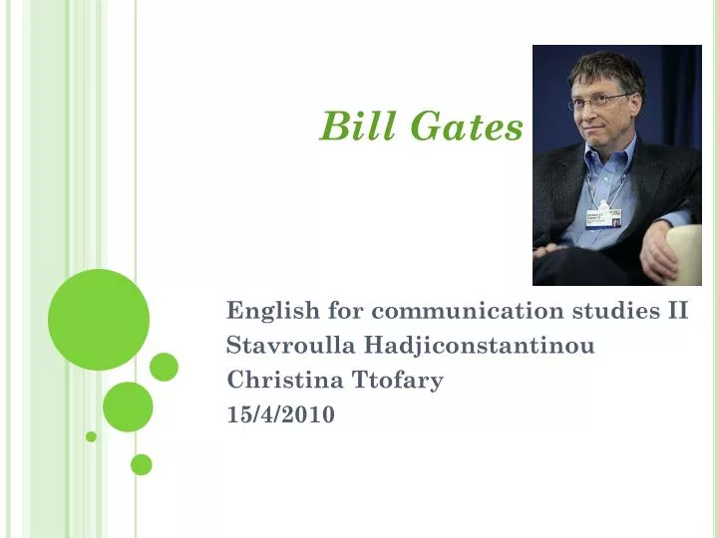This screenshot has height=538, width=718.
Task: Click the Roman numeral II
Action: coord(677,311)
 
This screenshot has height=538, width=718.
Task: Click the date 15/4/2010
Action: coord(281,413)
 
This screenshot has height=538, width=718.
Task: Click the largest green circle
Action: coord(99,320)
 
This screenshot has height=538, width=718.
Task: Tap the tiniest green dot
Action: coord(91,436)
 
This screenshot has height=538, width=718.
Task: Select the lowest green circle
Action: coord(142,464)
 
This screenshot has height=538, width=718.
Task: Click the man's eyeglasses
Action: coord(601,101)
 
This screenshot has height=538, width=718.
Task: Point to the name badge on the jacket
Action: coord(602,217)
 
